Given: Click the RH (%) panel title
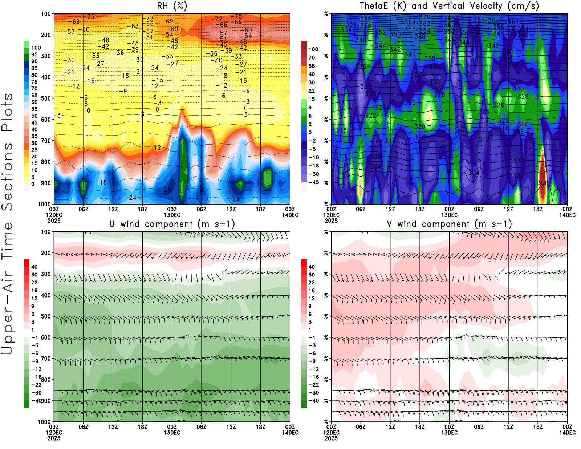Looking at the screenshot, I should tap(172, 6).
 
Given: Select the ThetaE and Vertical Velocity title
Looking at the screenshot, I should tap(449, 6).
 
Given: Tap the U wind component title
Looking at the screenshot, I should tap(172, 224).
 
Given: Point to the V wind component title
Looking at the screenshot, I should tap(449, 224).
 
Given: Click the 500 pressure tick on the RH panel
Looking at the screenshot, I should tap(46, 98).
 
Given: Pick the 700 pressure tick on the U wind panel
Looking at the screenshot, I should tap(46, 359).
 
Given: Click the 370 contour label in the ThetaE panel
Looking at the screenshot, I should tap(424, 17).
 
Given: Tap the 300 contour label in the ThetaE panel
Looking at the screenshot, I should tap(543, 183).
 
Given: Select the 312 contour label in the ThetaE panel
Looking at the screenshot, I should tap(484, 139).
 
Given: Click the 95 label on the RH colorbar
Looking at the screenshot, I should tap(34, 54).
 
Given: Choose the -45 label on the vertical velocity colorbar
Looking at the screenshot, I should tap(313, 182).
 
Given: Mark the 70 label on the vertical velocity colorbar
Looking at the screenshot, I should tap(312, 57).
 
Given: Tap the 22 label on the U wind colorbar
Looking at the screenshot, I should tap(34, 283).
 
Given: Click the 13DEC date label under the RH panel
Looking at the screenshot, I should tap(172, 215).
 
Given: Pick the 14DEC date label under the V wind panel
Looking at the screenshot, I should tap(567, 433).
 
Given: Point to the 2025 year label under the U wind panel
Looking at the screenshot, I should tap(54, 438).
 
